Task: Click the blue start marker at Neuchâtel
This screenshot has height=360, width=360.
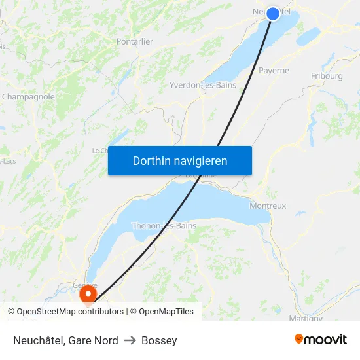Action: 273,13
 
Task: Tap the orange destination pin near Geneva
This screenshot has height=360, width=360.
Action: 87,295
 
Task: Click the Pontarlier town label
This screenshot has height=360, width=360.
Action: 134,41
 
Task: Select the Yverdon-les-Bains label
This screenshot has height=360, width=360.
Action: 203,86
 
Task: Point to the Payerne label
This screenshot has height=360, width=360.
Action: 274,71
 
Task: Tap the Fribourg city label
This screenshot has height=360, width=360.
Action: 327,76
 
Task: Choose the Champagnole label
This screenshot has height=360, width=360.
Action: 28,97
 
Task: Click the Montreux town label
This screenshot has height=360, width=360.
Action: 268,206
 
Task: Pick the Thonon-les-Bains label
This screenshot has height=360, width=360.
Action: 164,226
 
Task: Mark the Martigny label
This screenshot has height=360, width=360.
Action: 305,318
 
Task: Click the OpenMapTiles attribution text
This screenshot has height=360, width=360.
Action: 166,312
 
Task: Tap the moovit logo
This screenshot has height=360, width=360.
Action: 320,340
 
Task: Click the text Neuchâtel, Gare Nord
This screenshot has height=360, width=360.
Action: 65,340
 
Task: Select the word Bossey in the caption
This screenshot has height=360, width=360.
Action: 159,340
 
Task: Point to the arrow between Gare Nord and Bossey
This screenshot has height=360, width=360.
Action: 130,340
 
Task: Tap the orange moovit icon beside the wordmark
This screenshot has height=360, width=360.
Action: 299,339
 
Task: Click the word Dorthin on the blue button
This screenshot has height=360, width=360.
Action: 150,161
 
